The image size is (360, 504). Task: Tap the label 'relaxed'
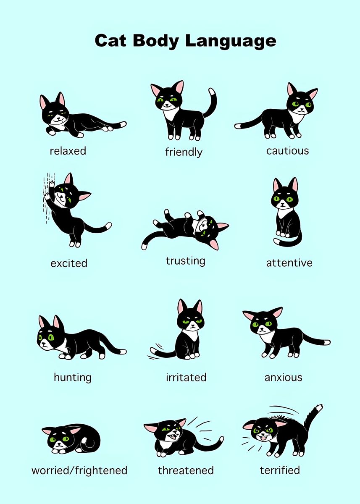tap(68, 151)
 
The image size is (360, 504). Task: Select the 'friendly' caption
tap(184, 152)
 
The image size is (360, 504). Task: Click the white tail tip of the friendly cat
tap(212, 91)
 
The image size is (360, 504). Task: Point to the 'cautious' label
tap(287, 151)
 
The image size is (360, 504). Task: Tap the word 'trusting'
tap(185, 261)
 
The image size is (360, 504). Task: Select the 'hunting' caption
tap(73, 377)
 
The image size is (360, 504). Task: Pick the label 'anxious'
tap(283, 377)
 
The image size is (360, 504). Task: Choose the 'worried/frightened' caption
tap(79, 470)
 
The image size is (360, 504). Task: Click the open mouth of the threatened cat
tap(171, 437)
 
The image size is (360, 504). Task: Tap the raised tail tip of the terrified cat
tap(319, 407)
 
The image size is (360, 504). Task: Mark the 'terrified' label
tap(280, 470)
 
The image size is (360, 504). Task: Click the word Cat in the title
tap(111, 41)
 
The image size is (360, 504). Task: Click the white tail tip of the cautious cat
tap(238, 126)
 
